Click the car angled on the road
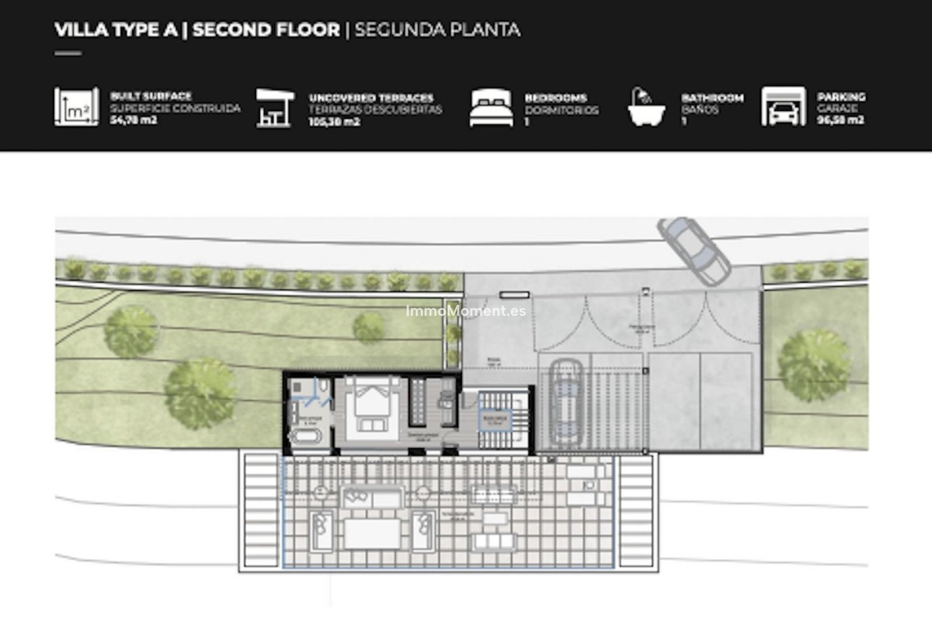point(694,250)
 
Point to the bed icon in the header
point(491,108)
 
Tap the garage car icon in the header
point(783,107)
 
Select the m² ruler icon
point(76,107)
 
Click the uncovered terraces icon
point(275,108)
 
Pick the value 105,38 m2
point(334,122)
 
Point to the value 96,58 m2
point(840,120)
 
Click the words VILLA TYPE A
point(116,30)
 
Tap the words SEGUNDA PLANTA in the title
point(437,30)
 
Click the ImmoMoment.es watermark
point(466,311)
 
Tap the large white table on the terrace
point(373,534)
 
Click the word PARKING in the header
point(841,97)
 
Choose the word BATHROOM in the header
point(712,98)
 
